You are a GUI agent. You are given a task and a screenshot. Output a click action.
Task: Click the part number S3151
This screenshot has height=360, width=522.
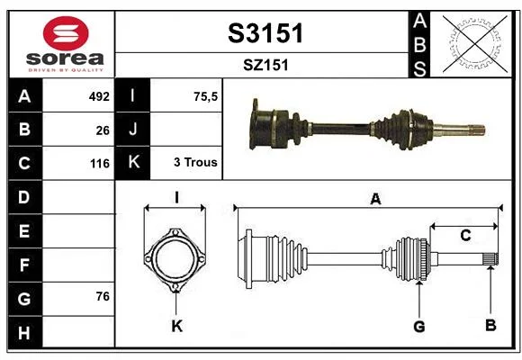(265, 33)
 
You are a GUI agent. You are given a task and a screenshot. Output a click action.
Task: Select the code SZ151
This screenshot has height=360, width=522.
(265, 65)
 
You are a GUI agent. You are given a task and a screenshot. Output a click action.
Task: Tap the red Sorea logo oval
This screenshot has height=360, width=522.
(66, 33)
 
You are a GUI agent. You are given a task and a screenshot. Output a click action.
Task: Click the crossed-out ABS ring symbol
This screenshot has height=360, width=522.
(475, 44)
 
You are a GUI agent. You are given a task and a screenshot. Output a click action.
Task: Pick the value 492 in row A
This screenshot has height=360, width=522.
(99, 96)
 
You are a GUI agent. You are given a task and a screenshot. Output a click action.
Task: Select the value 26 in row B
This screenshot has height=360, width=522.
(103, 130)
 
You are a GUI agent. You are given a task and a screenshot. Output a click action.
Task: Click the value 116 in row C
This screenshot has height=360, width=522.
(100, 164)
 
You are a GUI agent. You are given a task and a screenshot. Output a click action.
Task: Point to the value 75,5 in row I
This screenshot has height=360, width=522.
(205, 96)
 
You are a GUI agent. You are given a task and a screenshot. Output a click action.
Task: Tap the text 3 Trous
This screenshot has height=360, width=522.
(195, 162)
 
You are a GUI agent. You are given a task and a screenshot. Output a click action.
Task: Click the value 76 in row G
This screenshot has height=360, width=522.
(103, 296)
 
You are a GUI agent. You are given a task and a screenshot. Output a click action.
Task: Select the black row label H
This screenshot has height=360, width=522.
(25, 332)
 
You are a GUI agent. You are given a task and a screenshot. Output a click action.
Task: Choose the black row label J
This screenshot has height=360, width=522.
(132, 130)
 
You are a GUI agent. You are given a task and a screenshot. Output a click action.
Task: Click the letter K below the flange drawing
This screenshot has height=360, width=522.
(176, 326)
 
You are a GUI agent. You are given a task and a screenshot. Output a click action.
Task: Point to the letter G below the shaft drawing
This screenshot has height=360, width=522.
(419, 326)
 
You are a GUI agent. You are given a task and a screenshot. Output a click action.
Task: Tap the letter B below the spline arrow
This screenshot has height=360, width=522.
(490, 325)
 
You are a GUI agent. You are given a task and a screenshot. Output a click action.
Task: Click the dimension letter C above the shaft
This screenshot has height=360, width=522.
(465, 235)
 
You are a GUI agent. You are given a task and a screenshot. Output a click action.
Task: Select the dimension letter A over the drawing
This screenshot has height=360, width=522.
(375, 199)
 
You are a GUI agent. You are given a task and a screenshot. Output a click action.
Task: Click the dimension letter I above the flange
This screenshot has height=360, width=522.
(176, 197)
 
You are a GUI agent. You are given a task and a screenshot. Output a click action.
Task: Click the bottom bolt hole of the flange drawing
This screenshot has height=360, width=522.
(175, 286)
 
